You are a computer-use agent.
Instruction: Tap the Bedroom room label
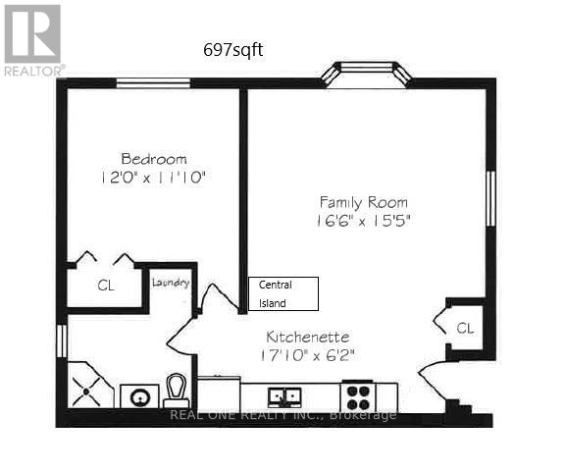click(154, 159)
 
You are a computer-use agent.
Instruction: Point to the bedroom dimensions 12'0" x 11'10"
click(154, 178)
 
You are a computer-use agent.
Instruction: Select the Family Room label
click(362, 203)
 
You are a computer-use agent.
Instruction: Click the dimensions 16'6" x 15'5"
click(362, 221)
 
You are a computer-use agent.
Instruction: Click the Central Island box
click(282, 293)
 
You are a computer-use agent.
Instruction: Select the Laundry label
click(170, 283)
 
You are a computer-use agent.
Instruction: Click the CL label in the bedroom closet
click(105, 288)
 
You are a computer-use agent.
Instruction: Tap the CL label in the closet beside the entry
click(464, 328)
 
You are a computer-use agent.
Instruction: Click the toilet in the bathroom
click(178, 390)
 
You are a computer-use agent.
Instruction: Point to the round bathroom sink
click(138, 396)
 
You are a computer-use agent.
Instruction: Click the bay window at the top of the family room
click(365, 74)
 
